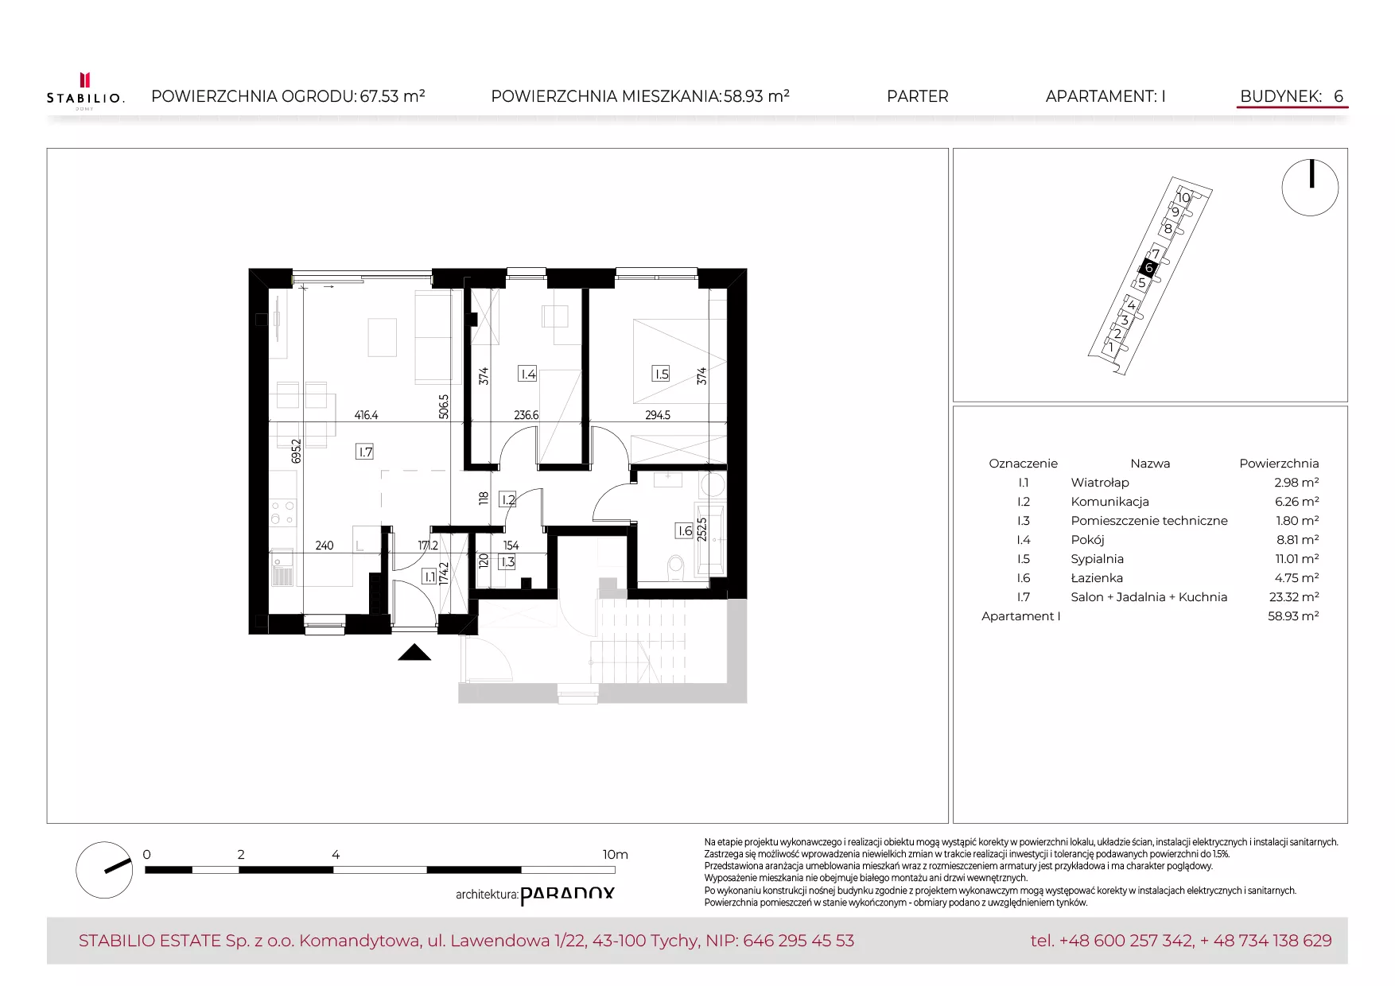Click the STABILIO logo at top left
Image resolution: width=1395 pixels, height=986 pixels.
pos(85,91)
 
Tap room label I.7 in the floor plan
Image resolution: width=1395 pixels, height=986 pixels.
pos(365,452)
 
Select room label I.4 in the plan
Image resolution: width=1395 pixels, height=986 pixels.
pos(527,374)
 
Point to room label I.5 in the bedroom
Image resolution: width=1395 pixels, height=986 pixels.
pos(661,374)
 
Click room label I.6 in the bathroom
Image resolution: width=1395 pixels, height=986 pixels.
pos(684,530)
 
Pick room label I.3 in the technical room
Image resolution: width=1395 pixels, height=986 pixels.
pos(507,561)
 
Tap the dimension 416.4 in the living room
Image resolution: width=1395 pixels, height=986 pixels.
pos(367,415)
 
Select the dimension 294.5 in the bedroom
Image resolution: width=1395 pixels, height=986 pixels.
pos(658,415)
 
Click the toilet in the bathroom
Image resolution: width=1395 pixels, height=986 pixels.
pos(676,566)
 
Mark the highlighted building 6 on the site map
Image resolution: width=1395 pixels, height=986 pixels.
pos(1148,268)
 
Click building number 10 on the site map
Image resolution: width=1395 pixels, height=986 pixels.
pos(1183,197)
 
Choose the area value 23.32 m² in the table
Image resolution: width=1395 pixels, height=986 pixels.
pos(1294,597)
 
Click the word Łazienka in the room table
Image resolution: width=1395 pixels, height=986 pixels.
pos(1097,578)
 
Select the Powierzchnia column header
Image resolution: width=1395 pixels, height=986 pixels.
pos(1279,464)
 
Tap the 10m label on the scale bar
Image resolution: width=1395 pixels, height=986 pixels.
pos(615,855)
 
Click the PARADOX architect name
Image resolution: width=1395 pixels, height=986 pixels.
pos(567,895)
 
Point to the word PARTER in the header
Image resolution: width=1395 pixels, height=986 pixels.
pos(918,96)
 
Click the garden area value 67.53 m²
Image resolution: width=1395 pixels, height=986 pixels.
pos(392,96)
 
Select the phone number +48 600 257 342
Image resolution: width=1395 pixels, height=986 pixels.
pos(1126,941)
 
